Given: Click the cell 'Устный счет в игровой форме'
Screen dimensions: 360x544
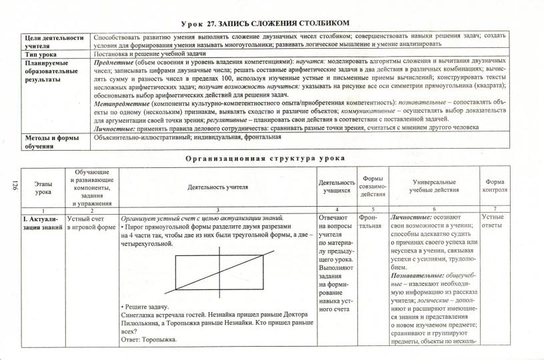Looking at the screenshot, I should [x=91, y=222].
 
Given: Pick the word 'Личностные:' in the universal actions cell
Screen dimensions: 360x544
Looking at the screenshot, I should [x=413, y=217].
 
